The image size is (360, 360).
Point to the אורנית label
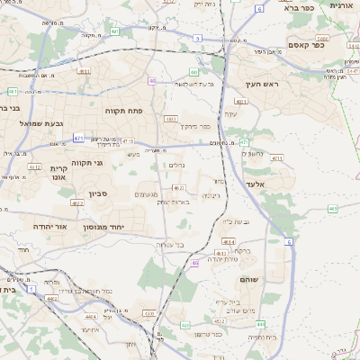[x=341, y=5]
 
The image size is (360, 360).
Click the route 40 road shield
[x=152, y=81]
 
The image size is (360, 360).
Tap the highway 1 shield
[x=31, y=289]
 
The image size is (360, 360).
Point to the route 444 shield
[x=260, y=323]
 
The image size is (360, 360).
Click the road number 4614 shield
[x=229, y=242]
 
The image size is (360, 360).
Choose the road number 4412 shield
[x=35, y=166]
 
